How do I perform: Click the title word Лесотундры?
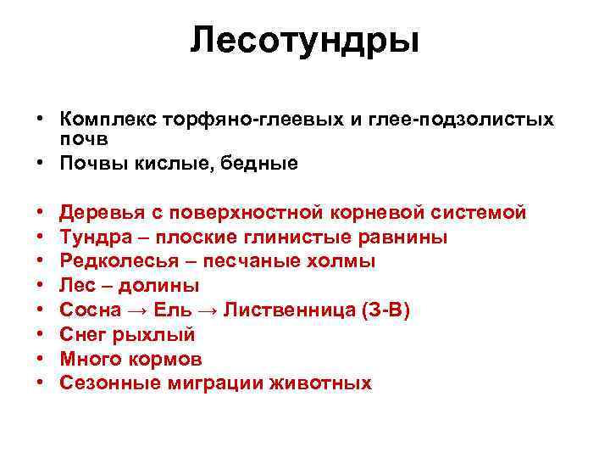coord(304,40)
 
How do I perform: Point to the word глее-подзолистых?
coord(462,120)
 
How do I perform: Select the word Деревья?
coord(100,212)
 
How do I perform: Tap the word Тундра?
coord(93,237)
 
